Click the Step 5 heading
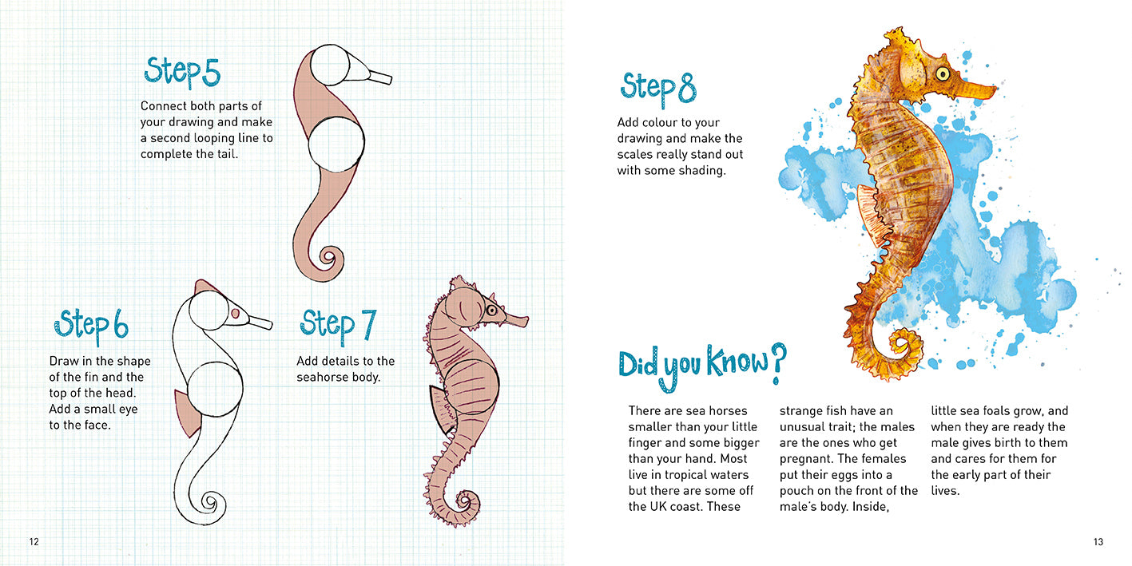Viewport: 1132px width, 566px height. point(182,73)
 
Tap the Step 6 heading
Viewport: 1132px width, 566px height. point(91,325)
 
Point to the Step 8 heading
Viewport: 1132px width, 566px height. point(658,89)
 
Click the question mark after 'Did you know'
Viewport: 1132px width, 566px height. point(778,363)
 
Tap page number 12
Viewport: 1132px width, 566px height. point(34,542)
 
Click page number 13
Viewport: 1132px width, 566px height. point(1098,542)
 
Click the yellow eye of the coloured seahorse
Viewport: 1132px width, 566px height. point(943,74)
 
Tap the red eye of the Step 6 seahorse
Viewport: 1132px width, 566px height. point(235,314)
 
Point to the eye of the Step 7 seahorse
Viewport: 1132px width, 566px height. point(491,310)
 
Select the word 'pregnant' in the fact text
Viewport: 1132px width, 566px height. point(806,458)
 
